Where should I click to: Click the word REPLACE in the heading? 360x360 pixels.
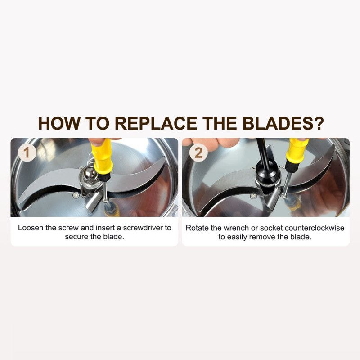click(156, 123)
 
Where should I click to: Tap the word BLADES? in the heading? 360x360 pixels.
click(283, 123)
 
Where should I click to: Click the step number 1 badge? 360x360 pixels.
click(27, 153)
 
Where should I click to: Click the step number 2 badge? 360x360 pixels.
click(198, 153)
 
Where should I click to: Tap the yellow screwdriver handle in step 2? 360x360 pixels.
click(297, 150)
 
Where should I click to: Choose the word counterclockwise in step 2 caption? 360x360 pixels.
click(315, 228)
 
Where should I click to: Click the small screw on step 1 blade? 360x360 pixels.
click(76, 195)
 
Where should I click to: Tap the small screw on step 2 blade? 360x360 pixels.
click(253, 196)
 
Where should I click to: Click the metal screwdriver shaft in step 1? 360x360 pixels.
click(105, 191)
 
